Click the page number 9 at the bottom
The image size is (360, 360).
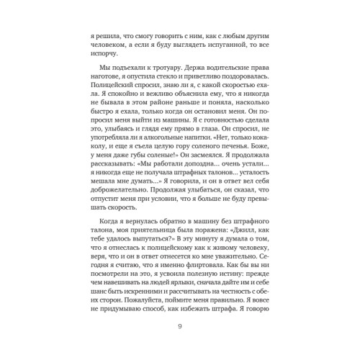[x=179, y=329]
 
